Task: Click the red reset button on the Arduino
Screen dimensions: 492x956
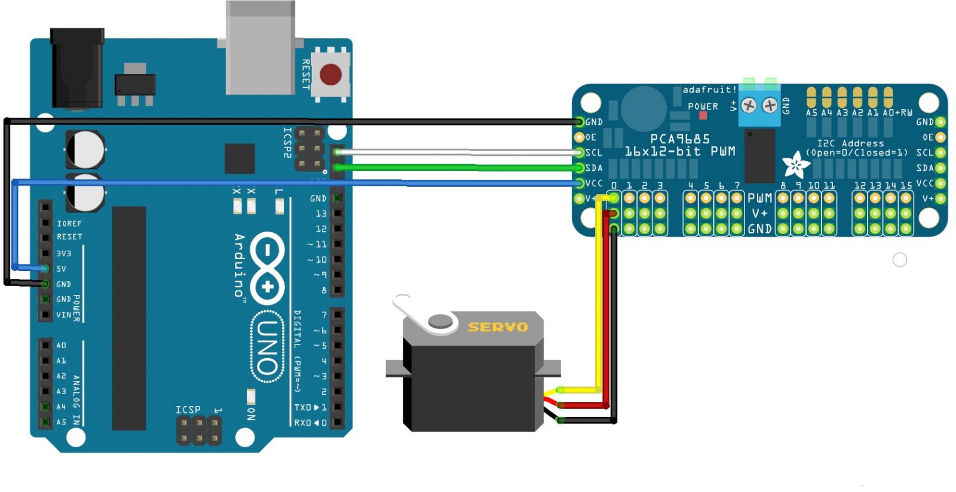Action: [330, 75]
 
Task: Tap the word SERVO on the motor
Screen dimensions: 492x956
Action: [498, 327]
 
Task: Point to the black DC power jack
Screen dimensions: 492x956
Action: [77, 69]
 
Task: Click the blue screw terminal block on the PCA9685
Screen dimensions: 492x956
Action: [759, 106]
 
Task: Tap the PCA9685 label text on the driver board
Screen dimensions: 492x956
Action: [679, 139]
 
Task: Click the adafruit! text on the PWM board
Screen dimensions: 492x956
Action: [709, 90]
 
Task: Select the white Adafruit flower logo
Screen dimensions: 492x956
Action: [796, 164]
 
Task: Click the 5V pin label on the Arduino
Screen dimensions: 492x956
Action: [61, 269]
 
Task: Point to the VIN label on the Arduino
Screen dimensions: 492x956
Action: [63, 315]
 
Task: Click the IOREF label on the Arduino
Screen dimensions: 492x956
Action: [69, 223]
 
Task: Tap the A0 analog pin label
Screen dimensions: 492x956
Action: [61, 345]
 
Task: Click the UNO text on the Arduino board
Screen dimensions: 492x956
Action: [267, 346]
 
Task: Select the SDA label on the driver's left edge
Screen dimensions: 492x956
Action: [594, 168]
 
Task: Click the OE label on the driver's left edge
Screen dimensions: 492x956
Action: [591, 137]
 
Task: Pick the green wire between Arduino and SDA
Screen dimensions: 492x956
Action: [454, 168]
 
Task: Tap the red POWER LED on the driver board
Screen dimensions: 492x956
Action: [703, 115]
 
